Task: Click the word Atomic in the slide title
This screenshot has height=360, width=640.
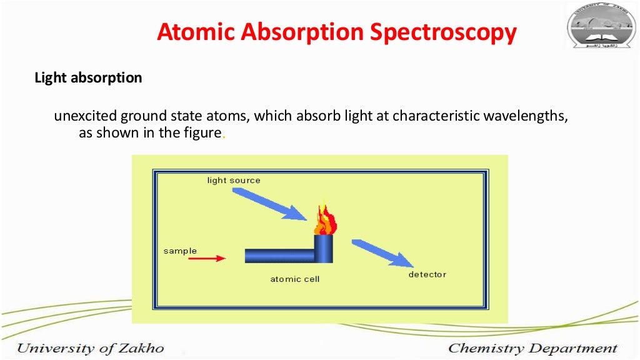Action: (194, 32)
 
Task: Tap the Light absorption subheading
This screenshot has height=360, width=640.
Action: (88, 78)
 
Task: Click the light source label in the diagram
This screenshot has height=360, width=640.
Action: (234, 181)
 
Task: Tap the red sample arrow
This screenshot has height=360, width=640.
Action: (206, 257)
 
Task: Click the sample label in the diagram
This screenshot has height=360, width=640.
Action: (180, 251)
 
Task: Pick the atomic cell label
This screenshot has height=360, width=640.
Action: (294, 279)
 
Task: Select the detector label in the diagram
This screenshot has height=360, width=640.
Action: (427, 274)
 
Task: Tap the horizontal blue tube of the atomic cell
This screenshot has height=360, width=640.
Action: (279, 256)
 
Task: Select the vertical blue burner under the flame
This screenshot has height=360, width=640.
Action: (324, 249)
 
